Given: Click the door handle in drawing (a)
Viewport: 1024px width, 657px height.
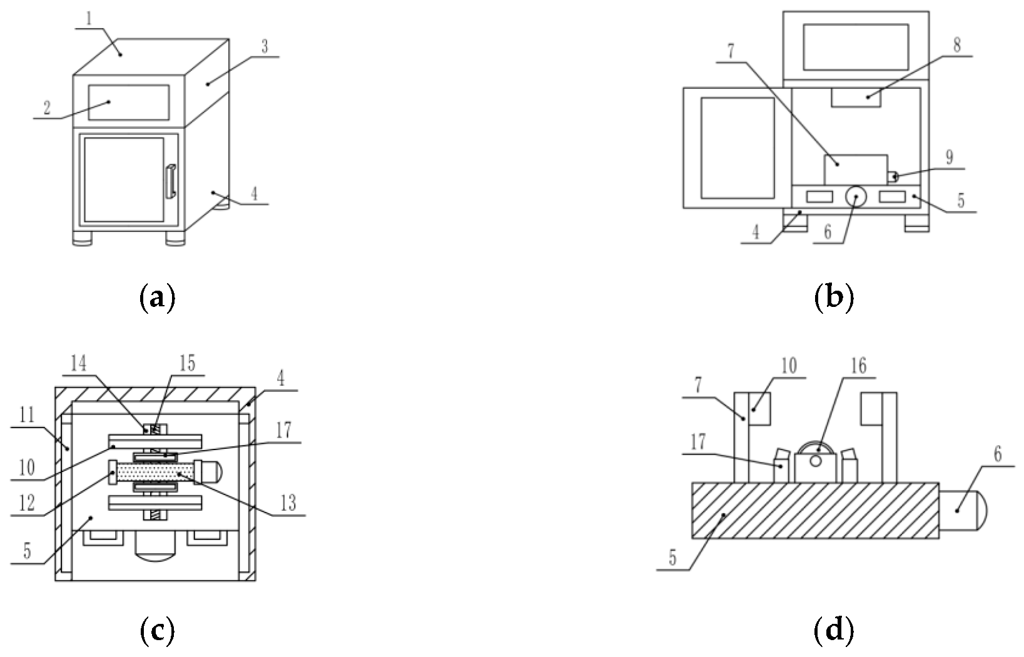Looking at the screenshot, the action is pyautogui.click(x=171, y=181).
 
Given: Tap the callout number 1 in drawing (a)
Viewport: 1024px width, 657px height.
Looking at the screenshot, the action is pyautogui.click(x=89, y=19).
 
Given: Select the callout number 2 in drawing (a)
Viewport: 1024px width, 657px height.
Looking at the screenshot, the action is pyautogui.click(x=47, y=108).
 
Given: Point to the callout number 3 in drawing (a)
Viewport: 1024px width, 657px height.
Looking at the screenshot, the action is pyautogui.click(x=264, y=47).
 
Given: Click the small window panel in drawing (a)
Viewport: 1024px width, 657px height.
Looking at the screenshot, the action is pyautogui.click(x=129, y=103).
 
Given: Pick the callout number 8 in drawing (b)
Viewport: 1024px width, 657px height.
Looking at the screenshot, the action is pyautogui.click(x=957, y=45).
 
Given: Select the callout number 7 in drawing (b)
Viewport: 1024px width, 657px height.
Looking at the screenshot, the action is pyautogui.click(x=731, y=52).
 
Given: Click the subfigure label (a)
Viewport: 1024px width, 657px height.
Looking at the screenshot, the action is pyautogui.click(x=157, y=298).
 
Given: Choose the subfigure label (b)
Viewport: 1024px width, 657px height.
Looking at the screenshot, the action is pyautogui.click(x=834, y=298).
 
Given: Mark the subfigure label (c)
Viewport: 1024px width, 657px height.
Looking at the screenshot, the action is pyautogui.click(x=157, y=631).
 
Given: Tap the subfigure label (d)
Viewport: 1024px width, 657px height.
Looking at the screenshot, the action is pyautogui.click(x=834, y=631).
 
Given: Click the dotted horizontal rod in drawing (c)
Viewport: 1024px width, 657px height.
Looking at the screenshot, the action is pyautogui.click(x=155, y=473).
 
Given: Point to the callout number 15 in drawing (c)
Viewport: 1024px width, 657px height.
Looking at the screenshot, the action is pyautogui.click(x=187, y=364).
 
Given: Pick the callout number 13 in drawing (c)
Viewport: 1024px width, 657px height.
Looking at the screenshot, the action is pyautogui.click(x=288, y=503).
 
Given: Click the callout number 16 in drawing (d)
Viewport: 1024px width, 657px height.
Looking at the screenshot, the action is pyautogui.click(x=858, y=366).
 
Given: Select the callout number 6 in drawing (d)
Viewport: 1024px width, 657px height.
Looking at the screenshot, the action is pyautogui.click(x=998, y=454).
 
